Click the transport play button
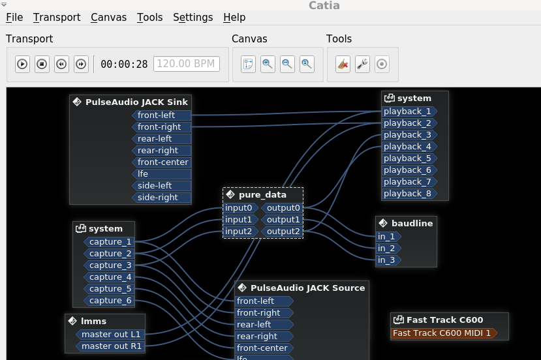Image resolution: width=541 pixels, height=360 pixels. [22, 64]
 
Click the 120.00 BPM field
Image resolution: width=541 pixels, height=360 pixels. [186, 64]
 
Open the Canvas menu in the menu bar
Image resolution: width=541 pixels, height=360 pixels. [109, 17]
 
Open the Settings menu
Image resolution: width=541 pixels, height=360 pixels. [193, 17]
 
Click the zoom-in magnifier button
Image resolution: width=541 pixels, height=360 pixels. [268, 64]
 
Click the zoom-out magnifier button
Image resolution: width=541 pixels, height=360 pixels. [287, 64]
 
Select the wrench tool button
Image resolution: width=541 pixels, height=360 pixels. [362, 64]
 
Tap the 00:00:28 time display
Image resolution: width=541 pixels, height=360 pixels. [124, 64]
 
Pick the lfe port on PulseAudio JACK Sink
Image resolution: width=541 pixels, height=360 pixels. [161, 173]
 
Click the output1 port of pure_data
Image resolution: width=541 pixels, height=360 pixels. [282, 220]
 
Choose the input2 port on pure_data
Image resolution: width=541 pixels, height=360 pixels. [241, 232]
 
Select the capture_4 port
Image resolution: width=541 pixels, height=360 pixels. [109, 277]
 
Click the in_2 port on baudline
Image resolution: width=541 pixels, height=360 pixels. [388, 248]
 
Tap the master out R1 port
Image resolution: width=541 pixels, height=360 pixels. [110, 346]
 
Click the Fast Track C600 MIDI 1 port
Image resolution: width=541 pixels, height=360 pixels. [444, 333]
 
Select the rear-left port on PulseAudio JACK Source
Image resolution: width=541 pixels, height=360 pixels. [264, 325]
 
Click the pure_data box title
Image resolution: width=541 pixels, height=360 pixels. [262, 195]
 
